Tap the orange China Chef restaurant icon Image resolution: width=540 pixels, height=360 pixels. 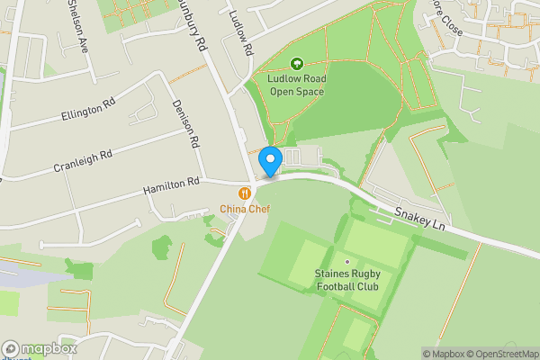(244, 193)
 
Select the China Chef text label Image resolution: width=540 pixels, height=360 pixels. (245, 209)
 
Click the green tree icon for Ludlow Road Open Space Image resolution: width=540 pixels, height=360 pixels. (297, 64)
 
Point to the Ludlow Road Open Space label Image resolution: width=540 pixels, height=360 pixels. (297, 85)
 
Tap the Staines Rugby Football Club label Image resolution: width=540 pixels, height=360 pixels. (346, 280)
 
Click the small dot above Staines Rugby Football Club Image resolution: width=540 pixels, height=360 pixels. (346, 262)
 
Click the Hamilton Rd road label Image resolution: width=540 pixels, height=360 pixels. (171, 186)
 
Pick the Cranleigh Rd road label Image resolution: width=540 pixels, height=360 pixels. (82, 161)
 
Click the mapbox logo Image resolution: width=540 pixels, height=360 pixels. (39, 348)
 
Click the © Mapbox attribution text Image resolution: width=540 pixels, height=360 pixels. (444, 354)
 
